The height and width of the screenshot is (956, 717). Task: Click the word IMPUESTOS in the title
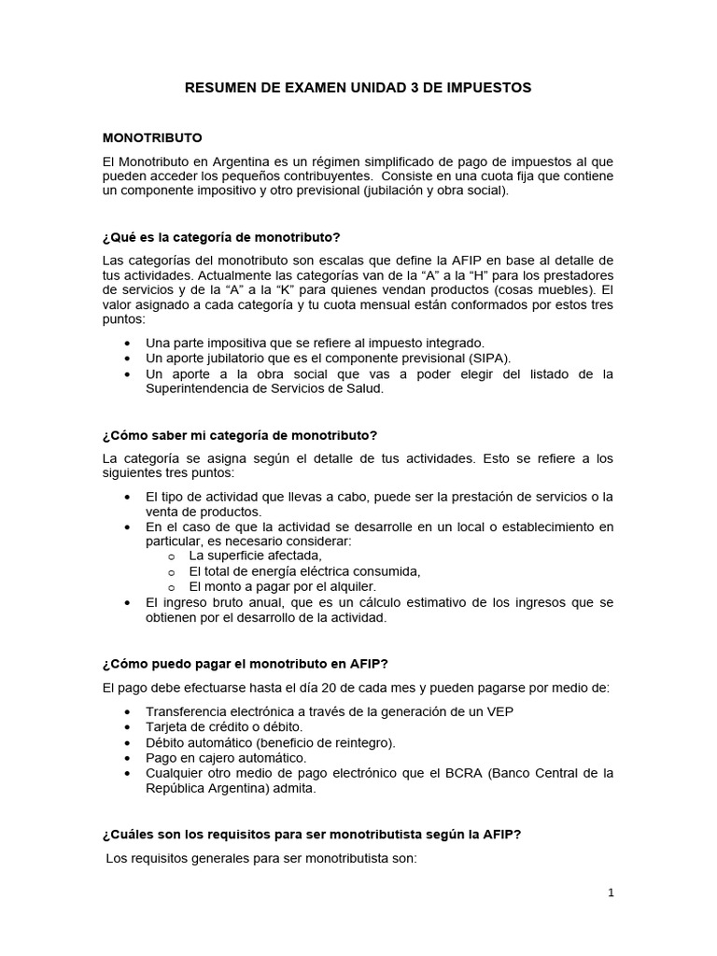[488, 87]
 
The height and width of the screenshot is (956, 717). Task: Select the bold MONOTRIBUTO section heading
[152, 137]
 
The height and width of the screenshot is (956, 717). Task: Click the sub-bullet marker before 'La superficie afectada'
[171, 556]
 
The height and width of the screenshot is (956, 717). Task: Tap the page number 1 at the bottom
[611, 893]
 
